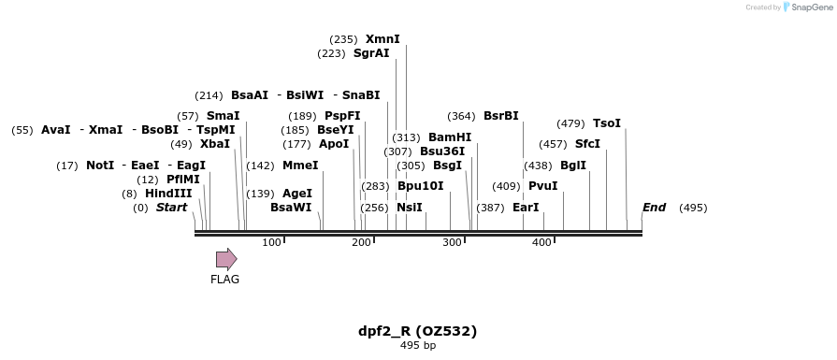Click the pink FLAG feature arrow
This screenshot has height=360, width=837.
click(225, 259)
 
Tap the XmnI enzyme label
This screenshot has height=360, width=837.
click(382, 39)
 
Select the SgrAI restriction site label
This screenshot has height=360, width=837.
click(371, 53)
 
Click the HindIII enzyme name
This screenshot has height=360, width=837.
click(168, 194)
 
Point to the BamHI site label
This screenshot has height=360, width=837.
click(450, 137)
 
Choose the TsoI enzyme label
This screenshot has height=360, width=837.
click(607, 123)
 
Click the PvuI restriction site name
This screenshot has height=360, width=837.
click(542, 186)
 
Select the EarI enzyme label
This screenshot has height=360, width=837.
click(526, 208)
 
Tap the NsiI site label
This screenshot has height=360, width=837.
click(410, 208)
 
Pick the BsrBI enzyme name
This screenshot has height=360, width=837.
click(500, 116)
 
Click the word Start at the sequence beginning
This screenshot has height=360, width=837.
click(171, 208)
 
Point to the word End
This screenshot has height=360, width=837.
click(654, 208)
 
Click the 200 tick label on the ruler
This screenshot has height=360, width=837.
click(362, 243)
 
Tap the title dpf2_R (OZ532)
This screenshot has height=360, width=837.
click(418, 331)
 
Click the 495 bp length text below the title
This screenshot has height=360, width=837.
click(418, 346)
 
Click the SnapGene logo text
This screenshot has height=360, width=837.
click(809, 7)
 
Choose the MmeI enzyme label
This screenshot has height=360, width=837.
click(300, 166)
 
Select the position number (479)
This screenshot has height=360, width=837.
click(570, 123)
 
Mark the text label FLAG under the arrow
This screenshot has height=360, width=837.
click(224, 279)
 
